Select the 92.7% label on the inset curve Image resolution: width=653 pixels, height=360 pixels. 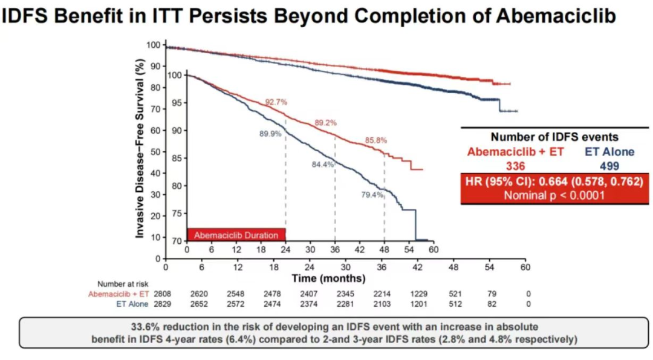(x=276, y=102)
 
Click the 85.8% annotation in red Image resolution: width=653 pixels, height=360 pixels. (x=375, y=140)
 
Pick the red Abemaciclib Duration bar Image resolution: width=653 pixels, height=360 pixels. (x=236, y=235)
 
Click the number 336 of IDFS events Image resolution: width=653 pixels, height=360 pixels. (x=515, y=165)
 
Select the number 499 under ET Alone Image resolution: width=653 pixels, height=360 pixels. (x=609, y=165)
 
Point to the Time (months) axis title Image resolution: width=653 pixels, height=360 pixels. (x=328, y=279)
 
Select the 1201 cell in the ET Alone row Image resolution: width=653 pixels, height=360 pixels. (x=417, y=304)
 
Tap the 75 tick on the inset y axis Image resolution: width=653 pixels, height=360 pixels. (x=177, y=214)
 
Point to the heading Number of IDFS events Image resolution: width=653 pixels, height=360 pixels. (x=554, y=137)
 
